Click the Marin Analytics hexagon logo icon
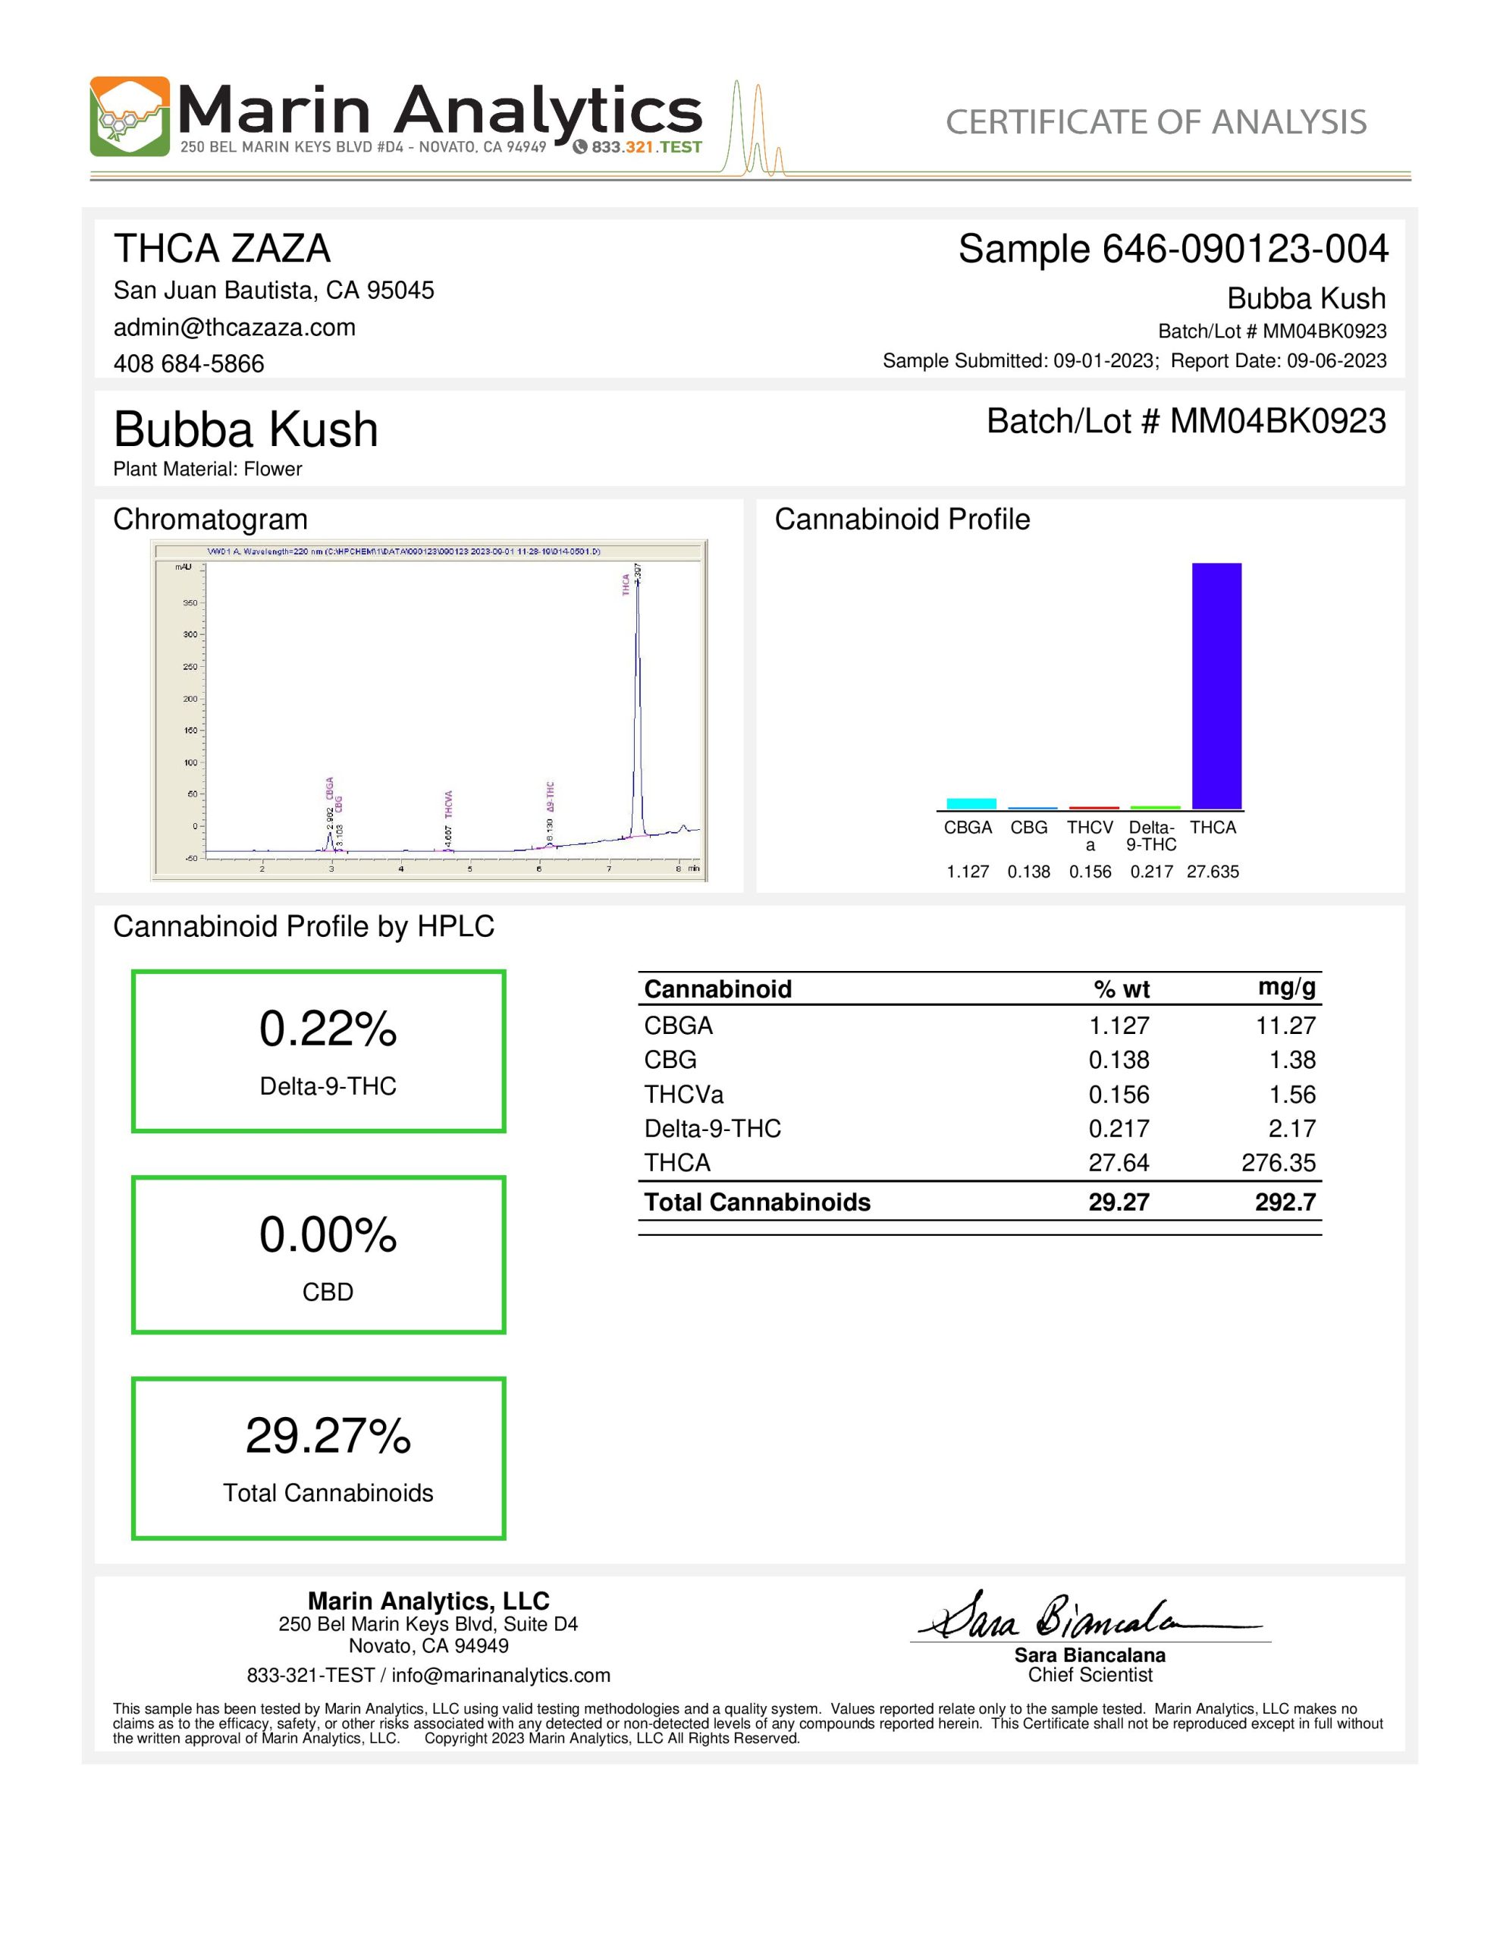pos(129,117)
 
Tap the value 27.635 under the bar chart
pos(1212,872)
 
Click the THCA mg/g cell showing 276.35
pos(1278,1162)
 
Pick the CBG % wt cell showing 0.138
pos(1119,1060)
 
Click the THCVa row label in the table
pos(684,1094)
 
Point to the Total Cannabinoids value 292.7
pos(1285,1202)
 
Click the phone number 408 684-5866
pos(189,363)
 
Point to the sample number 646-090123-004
pos(1244,249)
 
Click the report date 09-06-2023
pos(1336,360)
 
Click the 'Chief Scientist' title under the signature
pos(1089,1675)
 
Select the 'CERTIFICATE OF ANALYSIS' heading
pos(1155,122)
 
